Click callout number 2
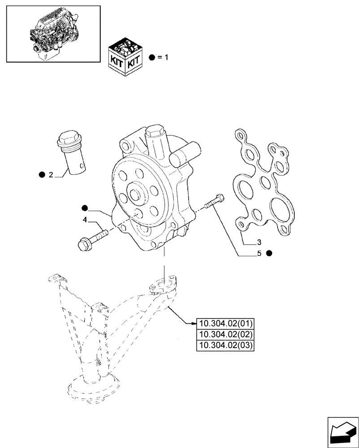click(51, 175)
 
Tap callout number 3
click(258, 243)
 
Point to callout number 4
click(84, 220)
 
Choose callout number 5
click(258, 253)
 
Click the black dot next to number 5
click(269, 253)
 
